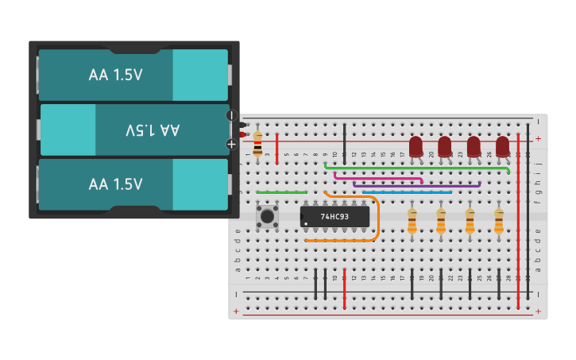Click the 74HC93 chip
click(334, 216)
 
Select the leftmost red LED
click(416, 146)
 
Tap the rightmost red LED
click(503, 146)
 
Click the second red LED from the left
click(445, 146)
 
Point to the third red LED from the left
click(474, 146)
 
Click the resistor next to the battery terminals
click(257, 144)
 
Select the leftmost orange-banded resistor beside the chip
click(412, 221)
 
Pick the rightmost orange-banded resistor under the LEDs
click(498, 221)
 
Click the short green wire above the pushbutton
click(282, 192)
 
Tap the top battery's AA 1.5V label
click(116, 75)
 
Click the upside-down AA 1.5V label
click(153, 130)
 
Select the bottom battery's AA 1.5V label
click(116, 184)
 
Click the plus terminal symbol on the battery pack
click(231, 144)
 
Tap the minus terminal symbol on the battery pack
click(231, 115)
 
